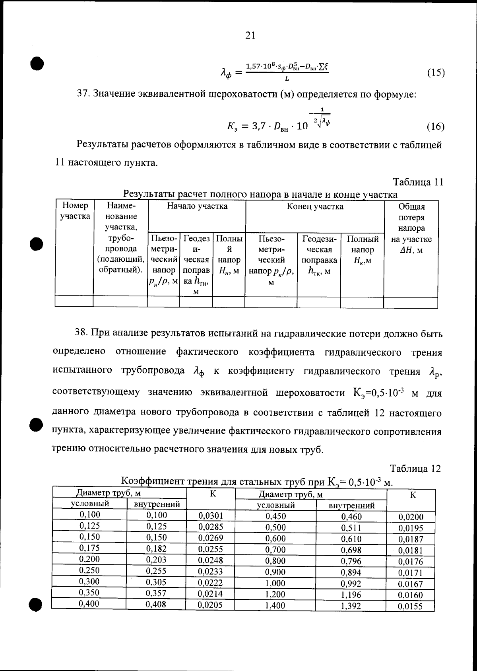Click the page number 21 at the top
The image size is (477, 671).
click(250, 36)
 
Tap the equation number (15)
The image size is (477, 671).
click(436, 73)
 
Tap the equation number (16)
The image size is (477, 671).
click(435, 126)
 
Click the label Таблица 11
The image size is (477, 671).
click(418, 182)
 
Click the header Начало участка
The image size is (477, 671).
click(197, 206)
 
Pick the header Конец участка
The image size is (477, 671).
click(315, 206)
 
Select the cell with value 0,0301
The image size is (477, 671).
click(210, 516)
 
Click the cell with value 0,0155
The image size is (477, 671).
click(410, 607)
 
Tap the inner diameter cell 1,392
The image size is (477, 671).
click(351, 606)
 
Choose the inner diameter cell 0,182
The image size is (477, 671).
click(157, 548)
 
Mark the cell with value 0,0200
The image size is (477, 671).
click(411, 517)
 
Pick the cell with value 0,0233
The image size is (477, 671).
click(210, 572)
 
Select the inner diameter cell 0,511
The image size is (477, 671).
click(351, 528)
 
